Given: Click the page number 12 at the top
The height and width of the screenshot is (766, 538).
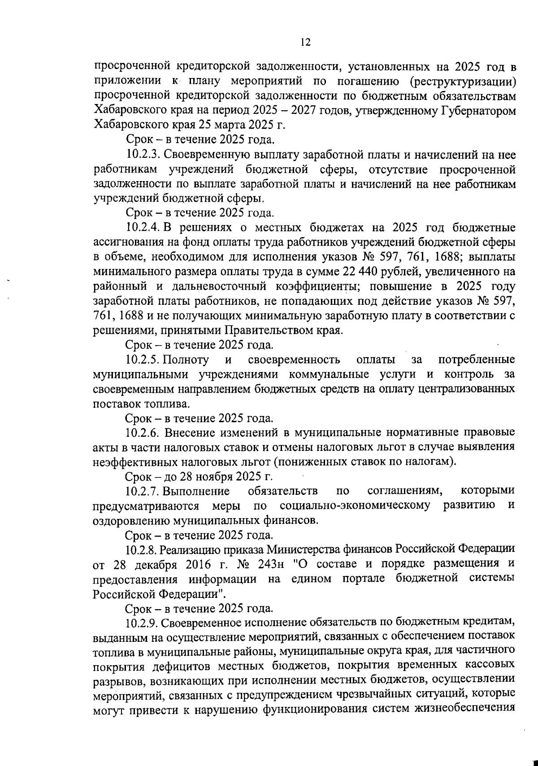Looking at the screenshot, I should (x=305, y=42).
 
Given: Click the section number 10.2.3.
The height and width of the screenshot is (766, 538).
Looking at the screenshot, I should (x=143, y=155).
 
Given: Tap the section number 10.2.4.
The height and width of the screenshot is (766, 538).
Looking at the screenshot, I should (x=143, y=228).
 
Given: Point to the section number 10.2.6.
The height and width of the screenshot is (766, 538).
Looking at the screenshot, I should (x=143, y=433).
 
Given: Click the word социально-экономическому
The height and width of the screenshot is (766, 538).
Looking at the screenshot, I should (x=354, y=506).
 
